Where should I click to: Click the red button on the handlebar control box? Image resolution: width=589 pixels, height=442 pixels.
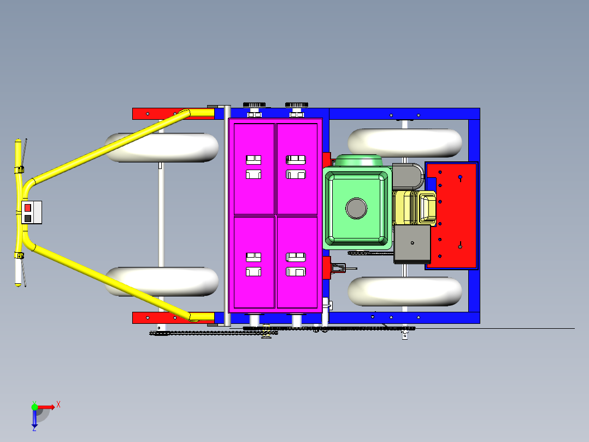point(28,208)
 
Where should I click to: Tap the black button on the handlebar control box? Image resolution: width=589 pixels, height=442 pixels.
point(28,218)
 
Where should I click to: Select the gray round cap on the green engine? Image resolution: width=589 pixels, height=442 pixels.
point(356,208)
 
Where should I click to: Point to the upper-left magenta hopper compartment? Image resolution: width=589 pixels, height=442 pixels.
point(254,168)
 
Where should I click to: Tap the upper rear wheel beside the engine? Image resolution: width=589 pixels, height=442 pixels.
point(405,142)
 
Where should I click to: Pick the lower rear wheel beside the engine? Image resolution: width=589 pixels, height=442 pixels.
point(405,291)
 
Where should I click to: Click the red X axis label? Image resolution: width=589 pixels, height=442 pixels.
point(58,405)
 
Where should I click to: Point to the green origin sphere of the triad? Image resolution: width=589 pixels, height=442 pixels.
point(34,407)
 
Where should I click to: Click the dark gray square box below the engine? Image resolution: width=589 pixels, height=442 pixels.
point(412,244)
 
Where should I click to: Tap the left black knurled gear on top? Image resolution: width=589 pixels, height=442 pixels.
point(254,104)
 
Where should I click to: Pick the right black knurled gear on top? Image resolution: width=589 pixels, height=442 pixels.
point(297,104)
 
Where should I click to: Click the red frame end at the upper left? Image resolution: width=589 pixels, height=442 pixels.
point(153,114)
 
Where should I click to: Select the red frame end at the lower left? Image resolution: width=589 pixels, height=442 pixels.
point(153,318)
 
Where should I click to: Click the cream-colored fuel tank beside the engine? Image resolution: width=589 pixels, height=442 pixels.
point(426,208)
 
